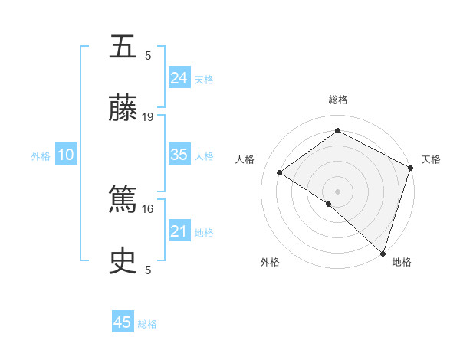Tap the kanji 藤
[x=123, y=108]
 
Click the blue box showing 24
[x=179, y=77]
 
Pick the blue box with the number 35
[x=179, y=155]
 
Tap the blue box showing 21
[x=179, y=231]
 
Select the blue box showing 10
[x=66, y=155]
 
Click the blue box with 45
[x=123, y=322]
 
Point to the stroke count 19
[x=148, y=117]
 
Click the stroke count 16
[x=148, y=208]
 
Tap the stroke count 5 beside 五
[x=148, y=55]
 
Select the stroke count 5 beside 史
[x=148, y=270]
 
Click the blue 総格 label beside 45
[x=147, y=324]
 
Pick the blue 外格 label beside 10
[x=41, y=156]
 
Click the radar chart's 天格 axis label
[x=431, y=159]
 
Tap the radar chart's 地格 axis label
[x=402, y=262]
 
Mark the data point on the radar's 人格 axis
[x=280, y=173]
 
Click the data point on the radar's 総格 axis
[x=337, y=131]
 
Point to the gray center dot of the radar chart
[x=337, y=190]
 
